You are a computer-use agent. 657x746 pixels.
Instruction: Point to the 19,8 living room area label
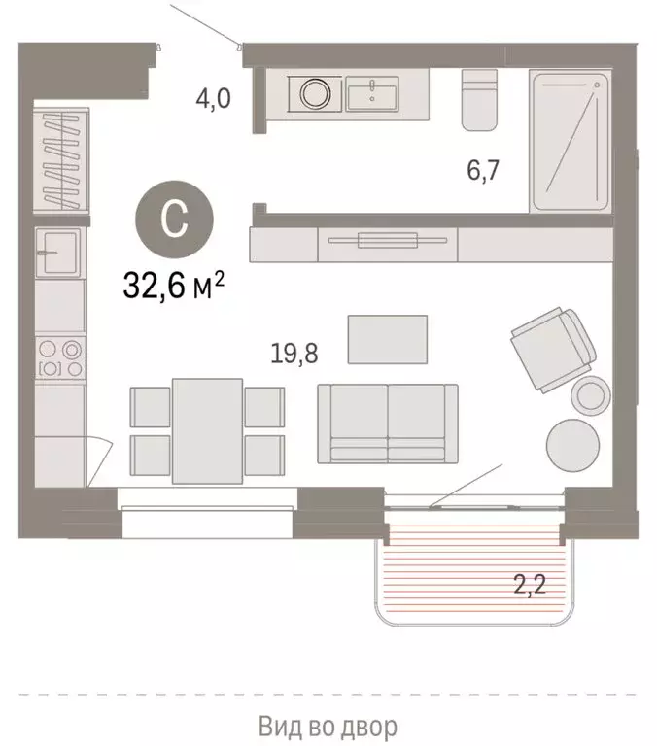pos(294,351)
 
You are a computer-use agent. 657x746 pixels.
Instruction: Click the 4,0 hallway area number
pos(211,98)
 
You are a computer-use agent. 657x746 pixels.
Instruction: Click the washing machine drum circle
pos(315,94)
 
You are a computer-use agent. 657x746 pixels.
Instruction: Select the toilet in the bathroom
pos(478,99)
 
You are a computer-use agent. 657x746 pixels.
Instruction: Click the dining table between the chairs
pos(207,430)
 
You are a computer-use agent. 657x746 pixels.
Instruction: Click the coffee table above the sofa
pos(388,339)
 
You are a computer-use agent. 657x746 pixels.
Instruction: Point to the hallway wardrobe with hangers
pos(61,158)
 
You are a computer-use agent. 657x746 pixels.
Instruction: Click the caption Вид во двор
pos(328,726)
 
